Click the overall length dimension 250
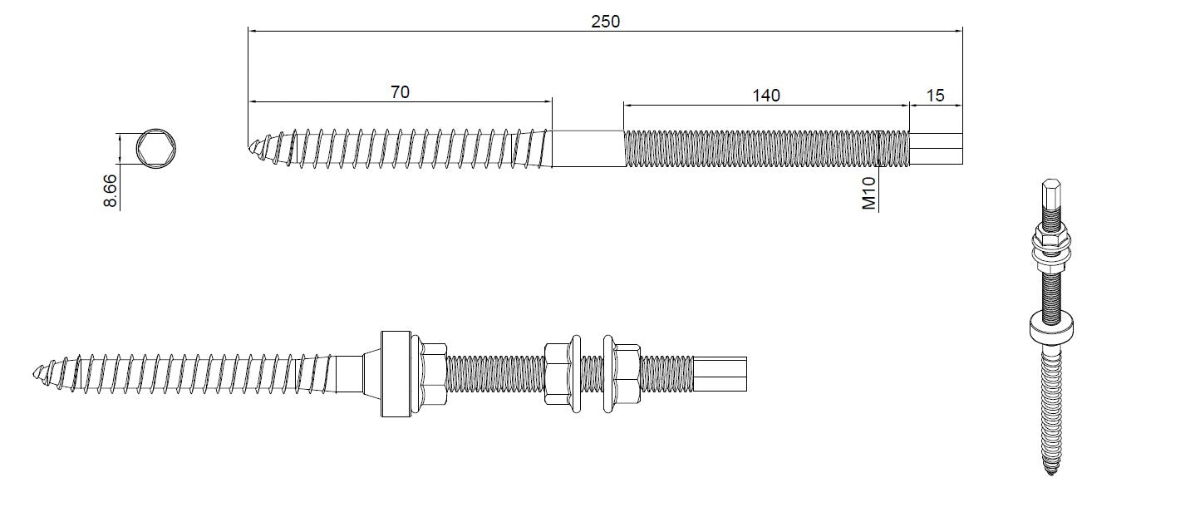[x=605, y=22]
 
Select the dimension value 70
[x=400, y=92]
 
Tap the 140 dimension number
[x=765, y=95]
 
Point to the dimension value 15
[x=935, y=95]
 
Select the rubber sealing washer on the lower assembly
[x=395, y=374]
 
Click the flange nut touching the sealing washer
[x=430, y=374]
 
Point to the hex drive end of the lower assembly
[x=721, y=374]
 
